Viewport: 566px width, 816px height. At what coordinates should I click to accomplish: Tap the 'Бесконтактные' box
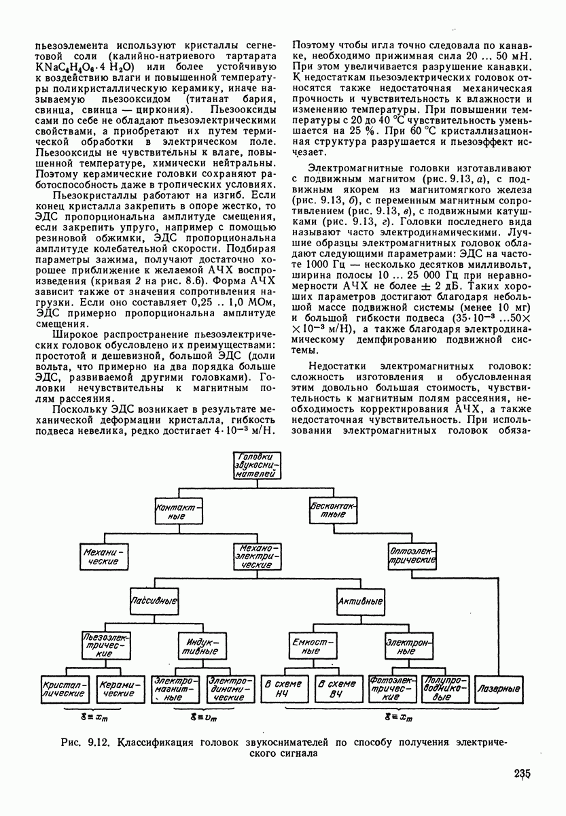click(x=332, y=511)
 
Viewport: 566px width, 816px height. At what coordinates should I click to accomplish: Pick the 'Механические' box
click(x=104, y=558)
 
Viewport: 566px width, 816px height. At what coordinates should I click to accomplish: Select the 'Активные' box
click(x=360, y=602)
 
